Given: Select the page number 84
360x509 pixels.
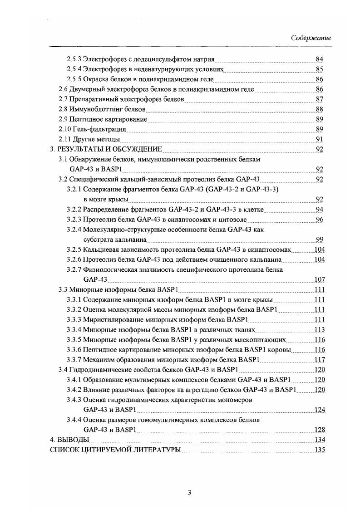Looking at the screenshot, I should tap(320, 59).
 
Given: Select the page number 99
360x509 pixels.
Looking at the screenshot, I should tap(320, 240).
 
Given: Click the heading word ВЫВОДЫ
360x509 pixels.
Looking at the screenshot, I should tap(72, 440).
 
